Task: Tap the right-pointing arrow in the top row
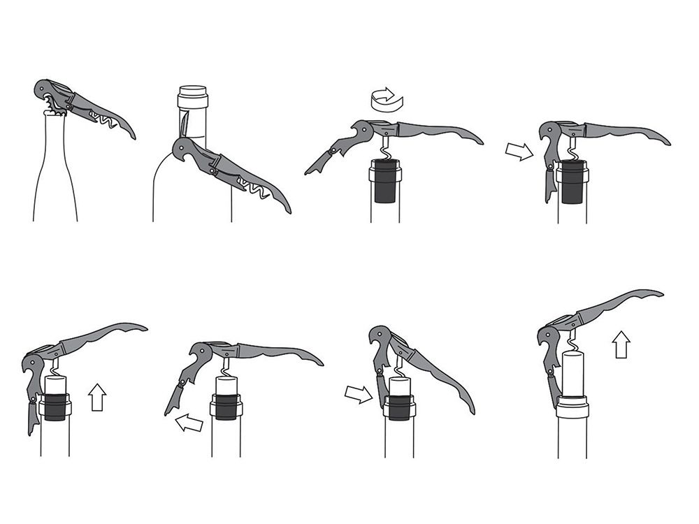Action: tap(518, 151)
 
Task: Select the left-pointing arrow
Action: tap(189, 422)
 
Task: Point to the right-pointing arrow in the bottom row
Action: tap(359, 395)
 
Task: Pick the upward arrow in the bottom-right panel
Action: tap(621, 344)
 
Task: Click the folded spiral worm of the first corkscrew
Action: tap(103, 121)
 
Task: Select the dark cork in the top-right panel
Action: tap(572, 180)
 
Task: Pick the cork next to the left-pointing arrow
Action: tap(225, 398)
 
